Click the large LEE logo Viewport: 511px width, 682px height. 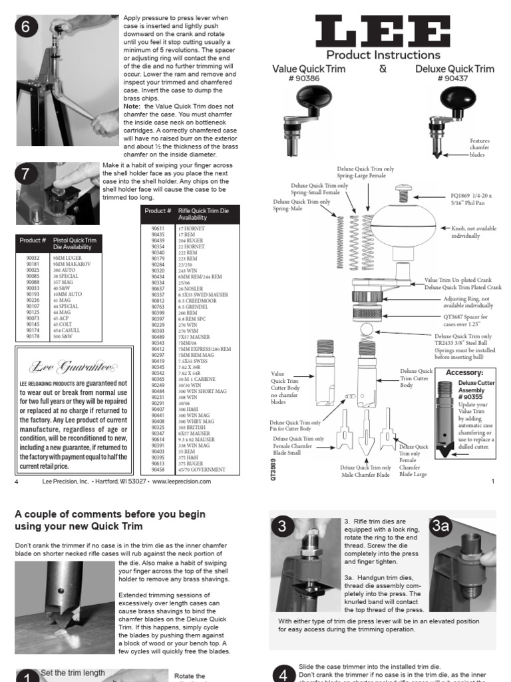[x=383, y=31]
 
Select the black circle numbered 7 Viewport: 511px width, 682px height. [x=26, y=174]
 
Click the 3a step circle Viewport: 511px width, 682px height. [x=440, y=526]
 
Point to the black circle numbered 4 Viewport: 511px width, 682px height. [x=282, y=674]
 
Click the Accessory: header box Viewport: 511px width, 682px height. [x=464, y=372]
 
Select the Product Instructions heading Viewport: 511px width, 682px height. [x=383, y=55]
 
